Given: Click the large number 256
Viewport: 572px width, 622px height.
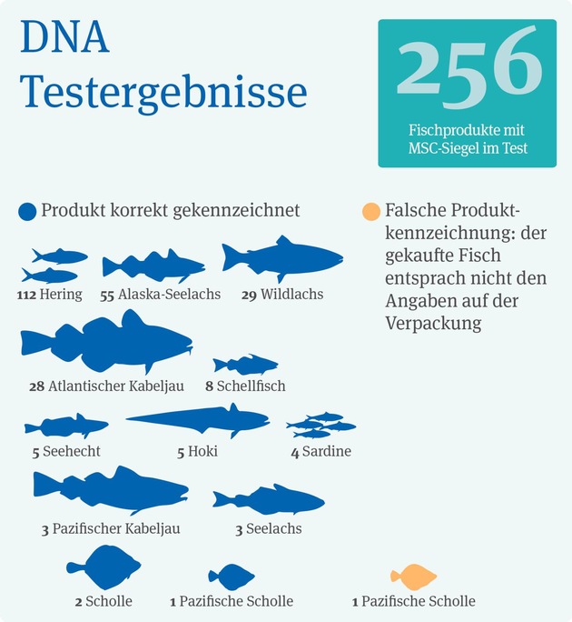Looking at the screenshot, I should click(x=467, y=65).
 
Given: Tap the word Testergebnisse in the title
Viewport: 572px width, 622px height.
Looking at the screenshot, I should click(x=163, y=91).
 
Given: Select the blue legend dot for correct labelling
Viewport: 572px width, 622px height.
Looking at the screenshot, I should click(x=27, y=212).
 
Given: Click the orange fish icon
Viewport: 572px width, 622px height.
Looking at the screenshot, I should click(x=413, y=577).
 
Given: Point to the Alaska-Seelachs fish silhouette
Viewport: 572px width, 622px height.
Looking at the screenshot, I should click(x=152, y=266).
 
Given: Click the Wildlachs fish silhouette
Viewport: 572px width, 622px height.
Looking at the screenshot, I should click(x=281, y=257).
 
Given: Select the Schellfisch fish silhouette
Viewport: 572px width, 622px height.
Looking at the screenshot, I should click(x=245, y=365).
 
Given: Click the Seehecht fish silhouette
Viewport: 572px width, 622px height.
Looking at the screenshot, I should click(x=66, y=426).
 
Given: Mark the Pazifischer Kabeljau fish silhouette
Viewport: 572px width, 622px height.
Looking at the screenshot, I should click(x=109, y=490).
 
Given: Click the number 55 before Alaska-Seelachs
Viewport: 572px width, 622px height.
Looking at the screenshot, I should click(x=107, y=295).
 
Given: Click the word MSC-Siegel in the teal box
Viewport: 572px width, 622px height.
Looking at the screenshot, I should click(x=441, y=147).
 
